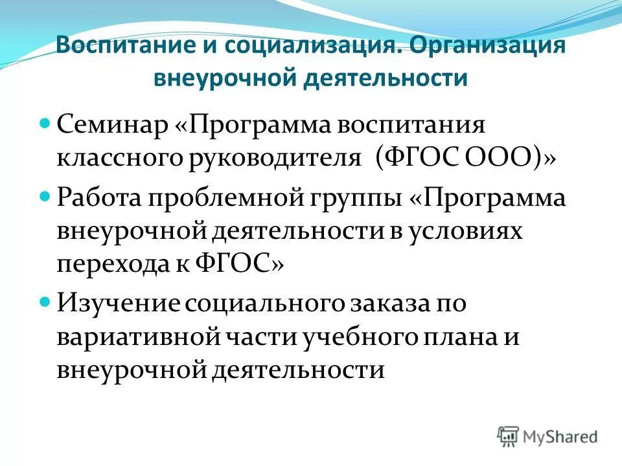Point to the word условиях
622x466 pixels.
465,231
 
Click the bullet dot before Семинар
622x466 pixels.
45,122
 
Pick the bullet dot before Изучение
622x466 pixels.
45,302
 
